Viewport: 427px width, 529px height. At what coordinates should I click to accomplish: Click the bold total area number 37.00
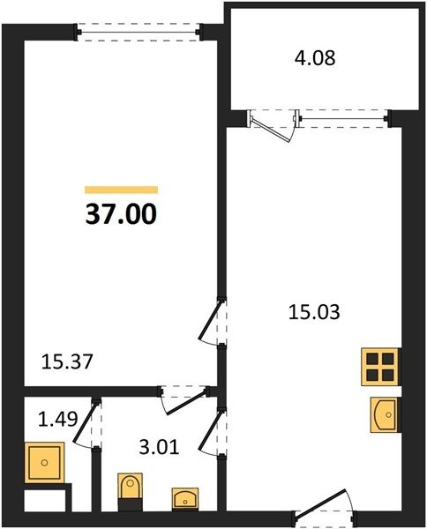[121, 214]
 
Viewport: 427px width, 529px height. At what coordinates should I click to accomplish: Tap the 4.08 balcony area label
[315, 57]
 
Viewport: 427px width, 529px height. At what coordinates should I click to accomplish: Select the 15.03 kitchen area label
[314, 312]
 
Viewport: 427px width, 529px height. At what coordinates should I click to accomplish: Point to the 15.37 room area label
[67, 362]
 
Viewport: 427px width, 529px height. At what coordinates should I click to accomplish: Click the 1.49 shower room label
[57, 420]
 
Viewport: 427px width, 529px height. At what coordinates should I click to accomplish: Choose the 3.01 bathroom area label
[159, 448]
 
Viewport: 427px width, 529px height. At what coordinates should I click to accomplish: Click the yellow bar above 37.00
[121, 190]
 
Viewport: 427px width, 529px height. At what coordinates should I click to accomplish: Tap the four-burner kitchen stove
[380, 367]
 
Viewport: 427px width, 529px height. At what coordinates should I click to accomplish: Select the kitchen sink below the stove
[385, 414]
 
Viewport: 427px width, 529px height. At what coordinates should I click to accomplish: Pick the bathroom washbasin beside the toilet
[185, 498]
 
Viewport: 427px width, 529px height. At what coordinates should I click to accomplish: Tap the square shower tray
[45, 462]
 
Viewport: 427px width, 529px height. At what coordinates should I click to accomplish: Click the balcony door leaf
[272, 130]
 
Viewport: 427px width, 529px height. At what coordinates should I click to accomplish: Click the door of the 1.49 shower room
[85, 422]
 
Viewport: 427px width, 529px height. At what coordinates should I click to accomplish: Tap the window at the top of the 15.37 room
[139, 32]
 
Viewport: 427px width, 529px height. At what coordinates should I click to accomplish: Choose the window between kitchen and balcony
[343, 118]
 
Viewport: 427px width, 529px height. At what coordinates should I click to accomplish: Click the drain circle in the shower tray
[45, 463]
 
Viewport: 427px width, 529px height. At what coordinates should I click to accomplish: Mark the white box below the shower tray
[45, 501]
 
